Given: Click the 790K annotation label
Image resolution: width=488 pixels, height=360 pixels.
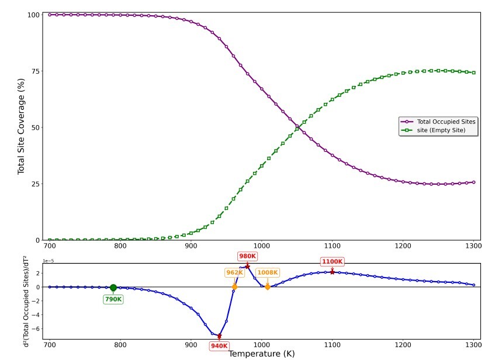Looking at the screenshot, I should point(113,299).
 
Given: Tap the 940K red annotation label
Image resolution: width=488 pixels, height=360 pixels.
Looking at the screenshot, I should point(219,346).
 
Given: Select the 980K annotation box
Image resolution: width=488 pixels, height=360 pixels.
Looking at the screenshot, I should point(247,256).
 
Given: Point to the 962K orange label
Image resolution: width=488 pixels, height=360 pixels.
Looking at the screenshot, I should point(234,272).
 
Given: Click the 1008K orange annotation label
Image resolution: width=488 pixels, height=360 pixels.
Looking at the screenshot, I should point(268,272).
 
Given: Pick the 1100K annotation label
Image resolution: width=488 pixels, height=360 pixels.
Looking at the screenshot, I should point(332,262).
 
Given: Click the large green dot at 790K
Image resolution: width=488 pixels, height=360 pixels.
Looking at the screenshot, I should point(113,288).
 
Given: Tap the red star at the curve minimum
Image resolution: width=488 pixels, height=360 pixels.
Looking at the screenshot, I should point(219,336).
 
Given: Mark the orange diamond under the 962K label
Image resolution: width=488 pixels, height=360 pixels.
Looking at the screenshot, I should point(234,287).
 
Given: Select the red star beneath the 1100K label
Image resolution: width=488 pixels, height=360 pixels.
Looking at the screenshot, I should point(332,272).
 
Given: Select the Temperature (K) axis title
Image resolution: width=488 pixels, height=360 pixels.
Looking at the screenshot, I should point(261,354).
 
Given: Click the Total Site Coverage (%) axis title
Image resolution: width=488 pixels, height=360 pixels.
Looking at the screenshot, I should point(22,127).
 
